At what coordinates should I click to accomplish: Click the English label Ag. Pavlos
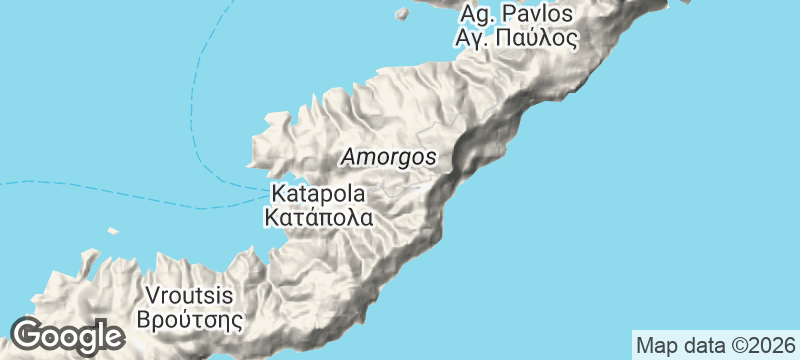[x=516, y=15]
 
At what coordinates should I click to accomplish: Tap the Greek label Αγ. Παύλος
[x=516, y=40]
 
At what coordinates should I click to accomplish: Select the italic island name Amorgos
[x=388, y=158]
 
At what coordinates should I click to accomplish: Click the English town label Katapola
[x=319, y=193]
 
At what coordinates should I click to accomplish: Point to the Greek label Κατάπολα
[x=319, y=216]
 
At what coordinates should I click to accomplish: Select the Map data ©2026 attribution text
[x=714, y=346]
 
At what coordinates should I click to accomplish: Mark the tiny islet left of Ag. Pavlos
[x=402, y=14]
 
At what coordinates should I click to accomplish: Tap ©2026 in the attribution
[x=760, y=346]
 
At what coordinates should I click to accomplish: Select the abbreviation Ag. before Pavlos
[x=476, y=16]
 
